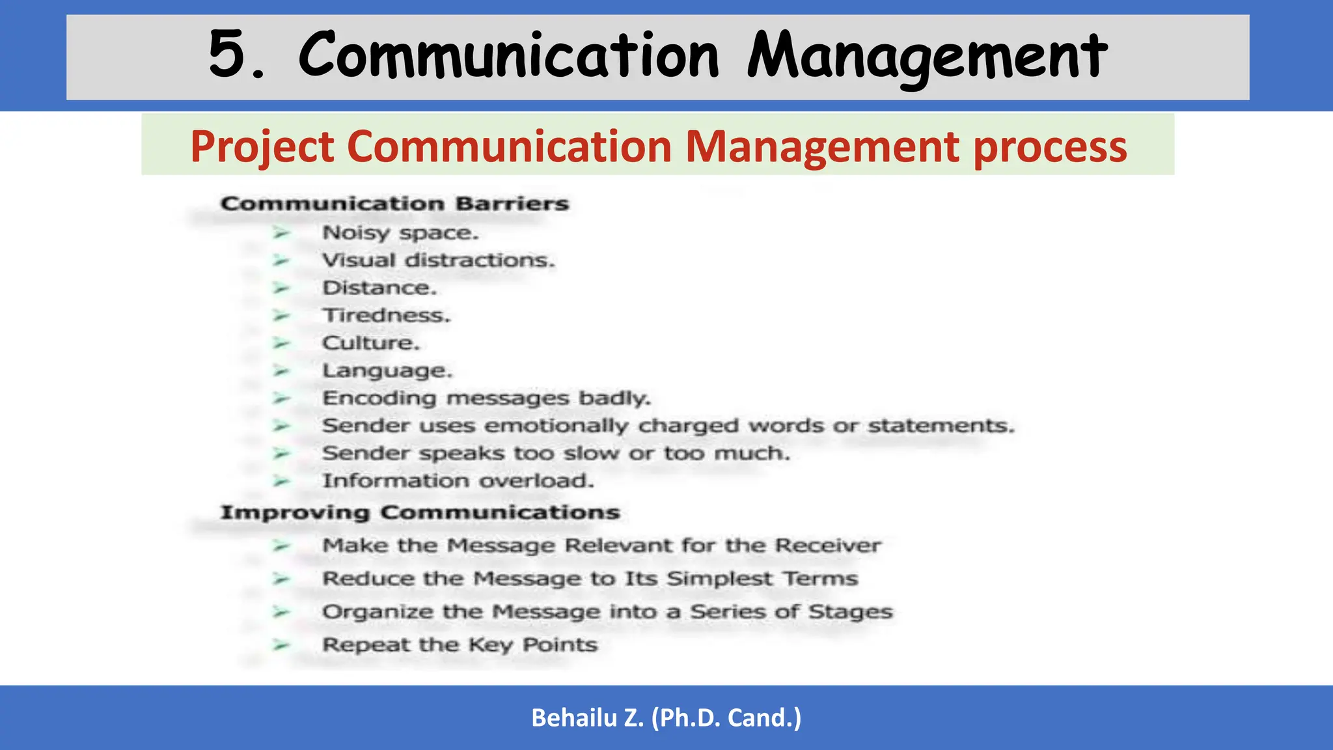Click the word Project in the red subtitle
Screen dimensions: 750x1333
coord(262,147)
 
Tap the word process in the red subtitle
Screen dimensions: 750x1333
coord(1050,147)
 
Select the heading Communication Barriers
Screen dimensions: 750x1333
coord(394,204)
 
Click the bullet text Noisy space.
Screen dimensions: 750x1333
coord(400,233)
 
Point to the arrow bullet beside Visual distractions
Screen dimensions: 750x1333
coord(281,260)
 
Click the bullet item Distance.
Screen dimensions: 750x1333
coord(379,288)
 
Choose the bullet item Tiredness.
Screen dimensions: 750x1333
coord(386,316)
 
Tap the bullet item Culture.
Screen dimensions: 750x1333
coord(371,343)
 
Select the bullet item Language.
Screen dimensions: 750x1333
coord(387,371)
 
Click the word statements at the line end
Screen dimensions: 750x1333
coord(941,426)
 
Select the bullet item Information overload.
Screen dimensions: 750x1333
coord(458,481)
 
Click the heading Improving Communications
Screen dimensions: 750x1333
coord(420,512)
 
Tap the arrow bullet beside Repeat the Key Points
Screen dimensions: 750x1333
coord(281,645)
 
